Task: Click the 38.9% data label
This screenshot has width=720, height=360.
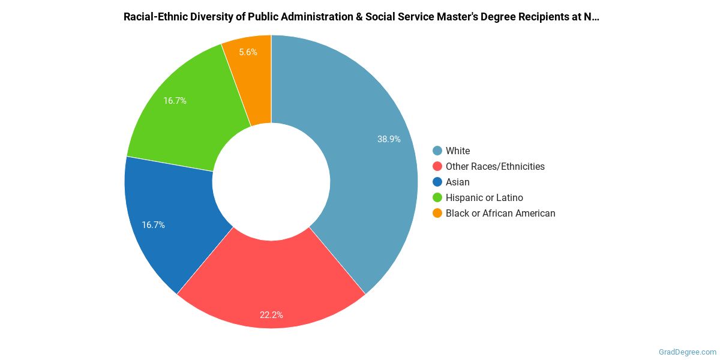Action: (x=389, y=139)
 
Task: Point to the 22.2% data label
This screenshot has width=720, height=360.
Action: (x=271, y=314)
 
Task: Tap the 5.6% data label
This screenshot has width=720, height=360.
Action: (x=248, y=52)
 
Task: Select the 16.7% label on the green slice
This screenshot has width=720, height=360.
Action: (x=175, y=101)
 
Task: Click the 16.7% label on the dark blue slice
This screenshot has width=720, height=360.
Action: (x=153, y=225)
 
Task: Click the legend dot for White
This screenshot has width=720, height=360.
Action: (x=437, y=151)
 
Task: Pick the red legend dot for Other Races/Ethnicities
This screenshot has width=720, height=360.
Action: (x=437, y=166)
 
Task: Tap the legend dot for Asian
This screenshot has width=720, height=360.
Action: (x=437, y=182)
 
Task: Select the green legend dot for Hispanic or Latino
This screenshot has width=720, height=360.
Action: (x=437, y=197)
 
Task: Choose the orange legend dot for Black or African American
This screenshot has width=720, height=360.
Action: (x=437, y=213)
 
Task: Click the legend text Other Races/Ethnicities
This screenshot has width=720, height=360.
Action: (x=495, y=166)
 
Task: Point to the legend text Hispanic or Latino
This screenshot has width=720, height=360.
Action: (x=484, y=197)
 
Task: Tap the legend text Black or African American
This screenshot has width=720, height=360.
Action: (x=500, y=213)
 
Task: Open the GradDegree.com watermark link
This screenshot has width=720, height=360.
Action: (x=686, y=352)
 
